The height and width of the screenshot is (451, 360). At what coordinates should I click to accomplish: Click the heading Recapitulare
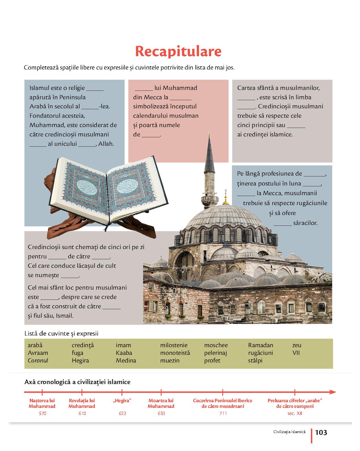point(178,51)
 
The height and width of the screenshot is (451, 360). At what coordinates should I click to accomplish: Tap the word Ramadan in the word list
point(260,345)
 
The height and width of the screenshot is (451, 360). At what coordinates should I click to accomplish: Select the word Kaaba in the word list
point(124,353)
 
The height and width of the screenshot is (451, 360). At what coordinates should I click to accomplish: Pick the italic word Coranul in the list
point(38,361)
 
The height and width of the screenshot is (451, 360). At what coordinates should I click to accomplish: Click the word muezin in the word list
point(169,361)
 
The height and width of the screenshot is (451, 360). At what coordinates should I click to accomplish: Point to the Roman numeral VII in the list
point(296,353)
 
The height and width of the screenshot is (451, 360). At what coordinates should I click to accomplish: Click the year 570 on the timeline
point(42,413)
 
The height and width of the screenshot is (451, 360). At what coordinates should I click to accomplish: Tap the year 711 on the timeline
point(223,413)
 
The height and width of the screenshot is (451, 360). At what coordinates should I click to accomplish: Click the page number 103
point(321,432)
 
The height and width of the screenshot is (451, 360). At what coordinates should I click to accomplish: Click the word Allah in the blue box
point(106,144)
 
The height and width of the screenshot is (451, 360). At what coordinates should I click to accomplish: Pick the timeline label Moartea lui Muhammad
point(161,403)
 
